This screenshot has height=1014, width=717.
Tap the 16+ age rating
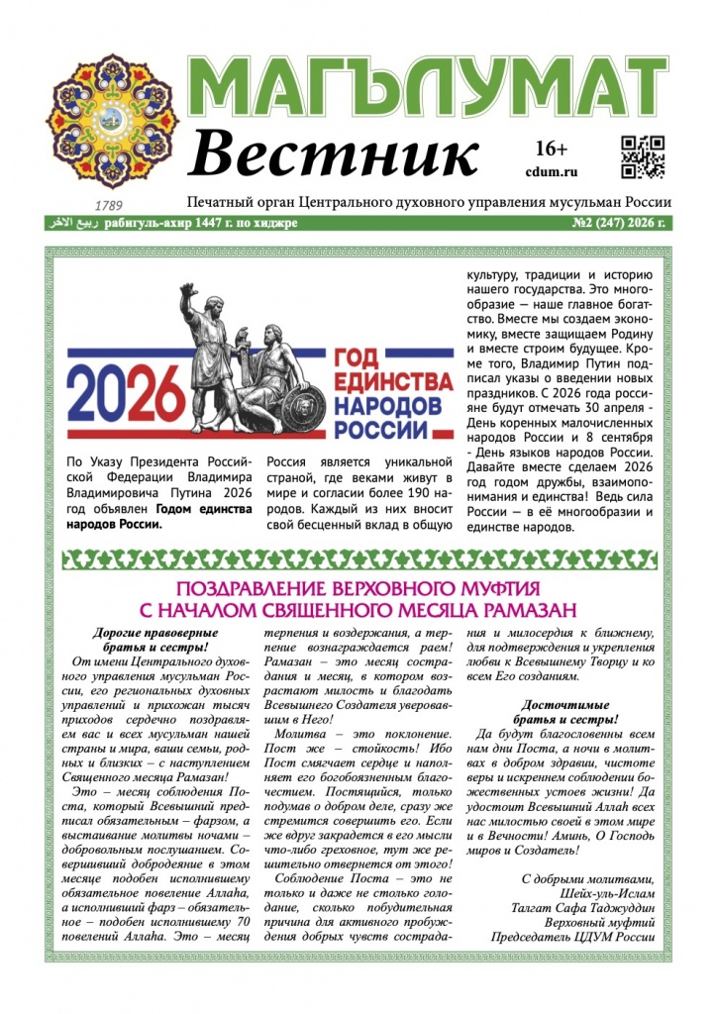[x=551, y=150]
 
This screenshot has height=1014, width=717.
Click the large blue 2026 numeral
[x=126, y=391]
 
